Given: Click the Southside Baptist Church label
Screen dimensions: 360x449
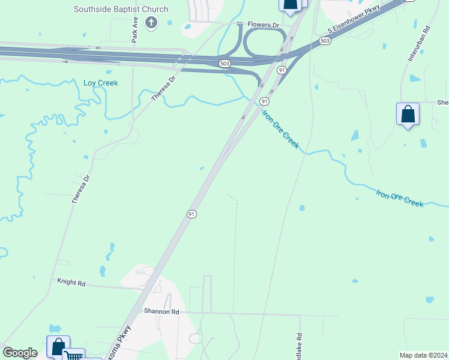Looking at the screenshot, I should coord(121,10).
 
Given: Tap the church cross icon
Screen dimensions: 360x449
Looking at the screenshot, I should coord(151,23).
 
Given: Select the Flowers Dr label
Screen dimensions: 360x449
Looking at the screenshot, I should coord(264,26).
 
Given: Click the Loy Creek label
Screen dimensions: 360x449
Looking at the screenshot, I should coord(100,83).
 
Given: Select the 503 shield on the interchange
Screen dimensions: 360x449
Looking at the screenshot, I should coord(223,63).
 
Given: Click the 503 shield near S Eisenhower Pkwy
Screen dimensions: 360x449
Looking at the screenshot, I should coord(325,41).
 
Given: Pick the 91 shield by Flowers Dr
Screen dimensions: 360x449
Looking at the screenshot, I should coord(281,71).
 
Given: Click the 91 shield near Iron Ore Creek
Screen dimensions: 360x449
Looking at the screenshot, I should coord(264,101).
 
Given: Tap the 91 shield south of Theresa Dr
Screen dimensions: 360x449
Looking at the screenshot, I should coord(191,214).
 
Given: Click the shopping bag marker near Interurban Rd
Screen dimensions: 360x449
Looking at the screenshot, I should coord(408,114).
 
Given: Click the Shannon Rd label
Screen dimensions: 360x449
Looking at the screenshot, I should coord(161,311).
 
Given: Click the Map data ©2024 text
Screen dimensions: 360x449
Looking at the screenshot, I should coord(423,355).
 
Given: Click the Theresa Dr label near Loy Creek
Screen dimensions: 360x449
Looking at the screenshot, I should coord(163,88).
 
